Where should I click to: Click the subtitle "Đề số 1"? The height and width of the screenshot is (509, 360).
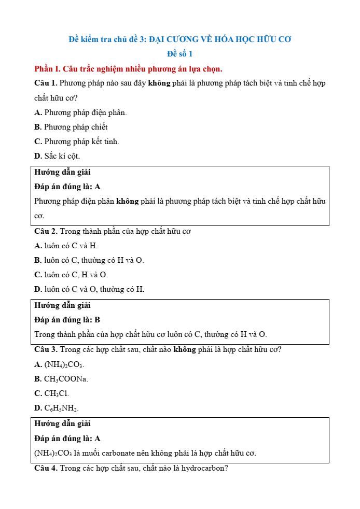(x=179, y=54)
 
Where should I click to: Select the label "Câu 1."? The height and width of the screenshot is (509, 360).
(x=46, y=83)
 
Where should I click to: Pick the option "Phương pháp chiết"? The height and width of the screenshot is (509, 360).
(x=76, y=127)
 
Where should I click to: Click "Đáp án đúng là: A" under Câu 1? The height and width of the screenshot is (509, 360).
(x=67, y=187)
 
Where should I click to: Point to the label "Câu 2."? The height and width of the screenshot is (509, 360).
(x=46, y=231)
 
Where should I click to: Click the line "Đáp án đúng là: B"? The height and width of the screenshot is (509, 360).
(x=67, y=320)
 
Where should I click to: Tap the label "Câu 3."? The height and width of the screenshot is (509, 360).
(x=46, y=349)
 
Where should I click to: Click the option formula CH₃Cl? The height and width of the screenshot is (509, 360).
(x=57, y=393)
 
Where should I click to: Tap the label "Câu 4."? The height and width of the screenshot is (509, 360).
(x=46, y=468)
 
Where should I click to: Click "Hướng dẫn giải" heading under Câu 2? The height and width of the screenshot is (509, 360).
(x=62, y=305)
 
